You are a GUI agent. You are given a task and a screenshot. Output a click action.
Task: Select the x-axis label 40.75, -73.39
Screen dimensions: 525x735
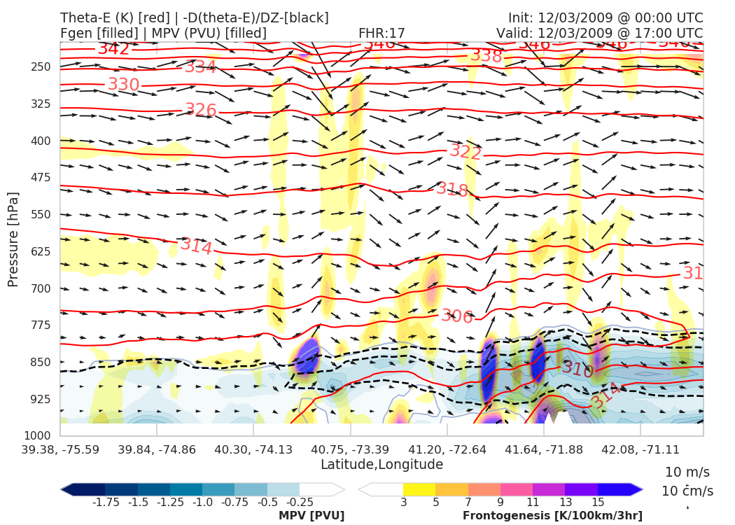(x=351, y=449)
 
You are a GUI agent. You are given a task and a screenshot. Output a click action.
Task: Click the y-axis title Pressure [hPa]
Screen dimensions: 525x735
(x=13, y=239)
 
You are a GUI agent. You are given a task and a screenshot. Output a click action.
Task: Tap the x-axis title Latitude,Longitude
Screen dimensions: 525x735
(x=381, y=465)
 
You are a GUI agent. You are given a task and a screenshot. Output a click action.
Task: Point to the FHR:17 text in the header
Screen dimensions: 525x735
(x=381, y=33)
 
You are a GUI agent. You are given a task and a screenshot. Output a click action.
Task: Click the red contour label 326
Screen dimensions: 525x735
(x=201, y=110)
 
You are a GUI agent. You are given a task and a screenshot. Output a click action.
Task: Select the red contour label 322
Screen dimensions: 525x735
(x=466, y=151)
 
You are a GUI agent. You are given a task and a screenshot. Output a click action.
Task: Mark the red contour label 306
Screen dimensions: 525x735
(x=457, y=316)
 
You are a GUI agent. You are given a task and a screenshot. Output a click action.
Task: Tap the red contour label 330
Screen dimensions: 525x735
(x=124, y=85)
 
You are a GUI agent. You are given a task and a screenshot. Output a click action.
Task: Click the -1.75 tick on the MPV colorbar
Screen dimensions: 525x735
(x=105, y=503)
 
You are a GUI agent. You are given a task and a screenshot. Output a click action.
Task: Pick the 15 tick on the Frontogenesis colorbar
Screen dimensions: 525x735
(x=597, y=503)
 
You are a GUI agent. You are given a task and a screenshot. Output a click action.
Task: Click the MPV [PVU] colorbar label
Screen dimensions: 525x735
(x=311, y=516)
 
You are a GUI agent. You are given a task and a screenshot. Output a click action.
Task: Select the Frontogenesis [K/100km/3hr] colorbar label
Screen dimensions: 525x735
(x=552, y=516)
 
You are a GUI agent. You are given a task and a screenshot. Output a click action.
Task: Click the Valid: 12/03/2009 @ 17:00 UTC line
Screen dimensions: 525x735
(x=599, y=33)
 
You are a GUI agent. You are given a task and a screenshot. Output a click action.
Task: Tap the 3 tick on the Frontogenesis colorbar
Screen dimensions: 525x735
(x=403, y=503)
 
